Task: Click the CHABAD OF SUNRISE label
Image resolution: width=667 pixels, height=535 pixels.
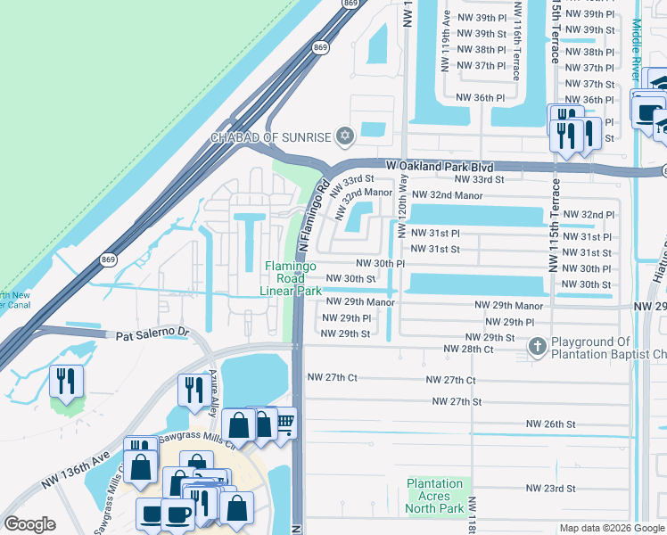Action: (271, 137)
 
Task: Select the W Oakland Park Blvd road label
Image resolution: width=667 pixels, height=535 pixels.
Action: (440, 166)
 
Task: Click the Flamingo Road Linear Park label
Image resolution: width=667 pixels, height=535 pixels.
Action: (291, 278)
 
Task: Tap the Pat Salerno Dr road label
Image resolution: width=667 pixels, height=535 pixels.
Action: (153, 333)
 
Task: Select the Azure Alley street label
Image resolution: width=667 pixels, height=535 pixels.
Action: (213, 390)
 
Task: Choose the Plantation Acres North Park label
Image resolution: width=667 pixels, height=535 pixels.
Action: (435, 496)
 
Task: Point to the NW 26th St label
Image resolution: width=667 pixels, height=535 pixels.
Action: (550, 424)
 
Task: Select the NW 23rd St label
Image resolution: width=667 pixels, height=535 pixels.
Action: (550, 488)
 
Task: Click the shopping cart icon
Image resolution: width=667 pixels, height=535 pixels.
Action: (283, 423)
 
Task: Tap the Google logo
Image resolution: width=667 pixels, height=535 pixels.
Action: (29, 524)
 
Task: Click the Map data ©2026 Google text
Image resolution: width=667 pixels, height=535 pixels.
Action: (612, 528)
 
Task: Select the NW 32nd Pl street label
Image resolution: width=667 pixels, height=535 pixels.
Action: (597, 215)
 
